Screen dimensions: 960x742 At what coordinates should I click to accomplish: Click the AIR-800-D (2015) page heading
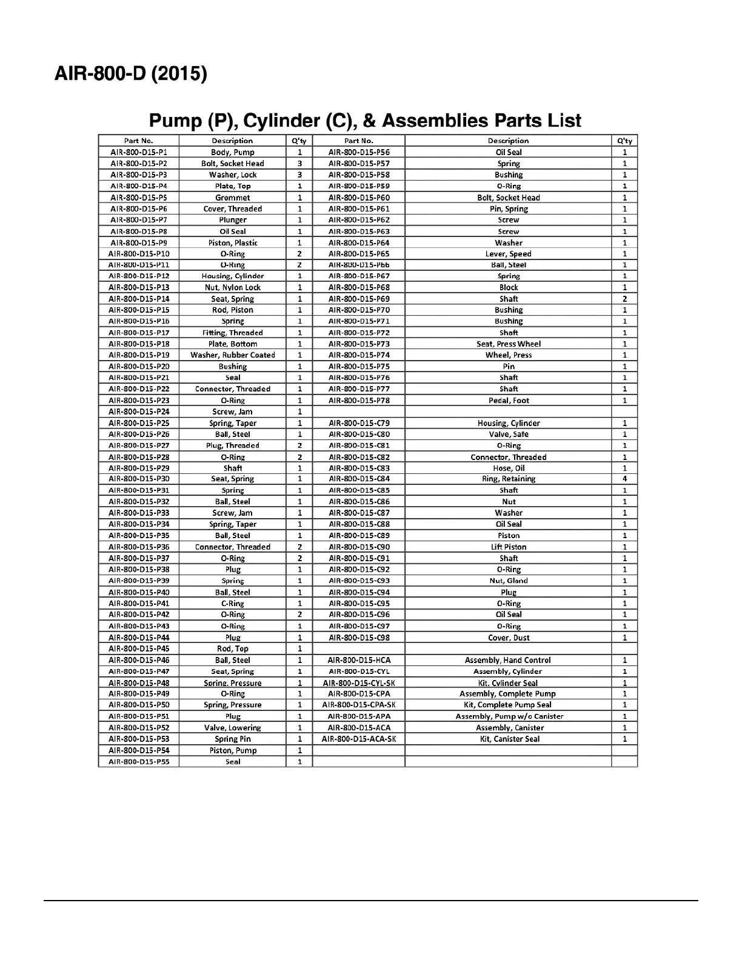pyautogui.click(x=131, y=74)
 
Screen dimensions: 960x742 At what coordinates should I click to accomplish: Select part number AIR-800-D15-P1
pyautogui.click(x=139, y=152)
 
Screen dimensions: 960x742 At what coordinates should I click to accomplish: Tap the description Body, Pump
pyautogui.click(x=233, y=152)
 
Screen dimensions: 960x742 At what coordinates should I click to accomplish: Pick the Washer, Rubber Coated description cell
pyautogui.click(x=233, y=355)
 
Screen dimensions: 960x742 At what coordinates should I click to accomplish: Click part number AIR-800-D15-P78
pyautogui.click(x=359, y=401)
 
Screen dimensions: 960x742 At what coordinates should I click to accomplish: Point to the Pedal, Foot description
pyautogui.click(x=509, y=401)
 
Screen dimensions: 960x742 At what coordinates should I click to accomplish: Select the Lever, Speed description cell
pyautogui.click(x=509, y=254)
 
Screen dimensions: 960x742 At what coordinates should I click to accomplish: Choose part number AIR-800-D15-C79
pyautogui.click(x=359, y=423)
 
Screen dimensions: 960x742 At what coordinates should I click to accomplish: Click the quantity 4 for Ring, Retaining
pyautogui.click(x=624, y=479)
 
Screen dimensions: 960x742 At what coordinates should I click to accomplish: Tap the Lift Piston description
pyautogui.click(x=509, y=547)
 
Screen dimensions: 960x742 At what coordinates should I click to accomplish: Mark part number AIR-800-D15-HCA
pyautogui.click(x=359, y=660)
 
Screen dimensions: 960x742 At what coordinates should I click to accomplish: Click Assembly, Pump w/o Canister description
pyautogui.click(x=509, y=716)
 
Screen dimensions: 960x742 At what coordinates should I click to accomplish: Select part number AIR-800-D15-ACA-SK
pyautogui.click(x=359, y=739)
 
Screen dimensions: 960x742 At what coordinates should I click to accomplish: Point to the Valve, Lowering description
pyautogui.click(x=233, y=728)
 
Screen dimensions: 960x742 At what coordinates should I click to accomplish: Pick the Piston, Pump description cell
pyautogui.click(x=233, y=750)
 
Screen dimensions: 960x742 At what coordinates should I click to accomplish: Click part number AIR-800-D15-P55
pyautogui.click(x=139, y=762)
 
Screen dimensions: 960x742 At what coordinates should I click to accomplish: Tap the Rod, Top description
pyautogui.click(x=233, y=648)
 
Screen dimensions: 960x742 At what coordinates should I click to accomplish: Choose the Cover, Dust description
pyautogui.click(x=509, y=638)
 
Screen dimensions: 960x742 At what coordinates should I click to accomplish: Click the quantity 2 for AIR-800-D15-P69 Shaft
pyautogui.click(x=624, y=299)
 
